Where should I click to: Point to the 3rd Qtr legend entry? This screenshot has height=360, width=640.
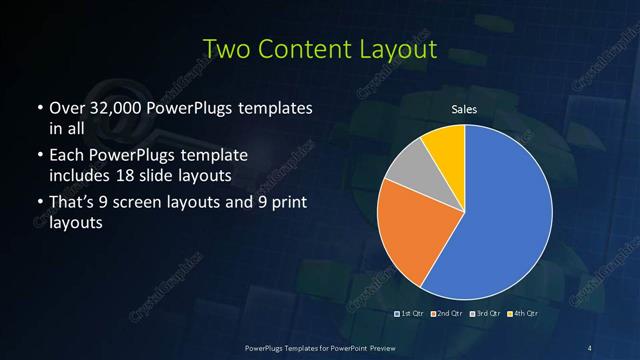coord(487,314)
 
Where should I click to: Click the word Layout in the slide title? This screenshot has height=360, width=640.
coord(400,48)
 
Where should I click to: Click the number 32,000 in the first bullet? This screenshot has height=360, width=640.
coord(114,108)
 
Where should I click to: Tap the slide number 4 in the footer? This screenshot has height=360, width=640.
coord(590,347)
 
